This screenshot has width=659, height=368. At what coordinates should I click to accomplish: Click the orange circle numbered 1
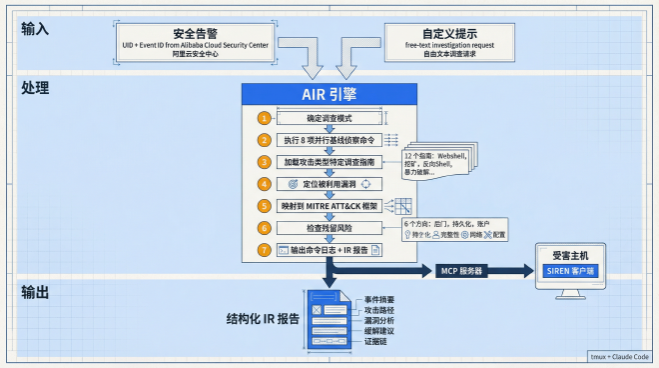(264, 118)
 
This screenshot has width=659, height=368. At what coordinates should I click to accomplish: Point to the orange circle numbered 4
(264, 184)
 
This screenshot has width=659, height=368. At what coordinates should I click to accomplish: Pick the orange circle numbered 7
(264, 249)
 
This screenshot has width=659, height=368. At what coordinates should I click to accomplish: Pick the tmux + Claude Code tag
(619, 356)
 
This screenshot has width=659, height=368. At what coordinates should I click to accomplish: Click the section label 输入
(35, 28)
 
